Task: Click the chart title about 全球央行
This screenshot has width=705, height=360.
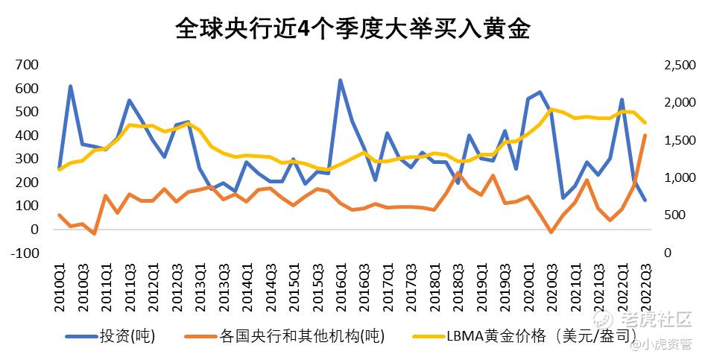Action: tap(352, 29)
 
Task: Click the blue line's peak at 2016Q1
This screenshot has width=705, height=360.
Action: tap(340, 80)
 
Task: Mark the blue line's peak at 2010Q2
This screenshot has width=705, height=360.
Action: tap(71, 86)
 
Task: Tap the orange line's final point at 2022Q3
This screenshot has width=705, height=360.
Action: tap(645, 136)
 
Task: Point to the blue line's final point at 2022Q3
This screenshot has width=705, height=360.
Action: tap(645, 200)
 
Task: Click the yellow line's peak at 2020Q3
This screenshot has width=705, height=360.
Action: tap(551, 110)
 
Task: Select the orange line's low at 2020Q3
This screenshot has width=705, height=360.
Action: tap(551, 232)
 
